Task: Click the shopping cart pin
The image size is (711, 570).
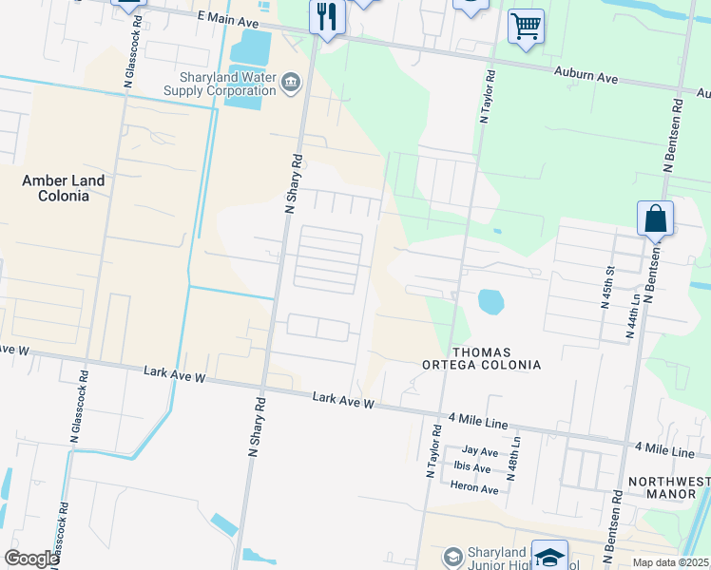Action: pos(526,27)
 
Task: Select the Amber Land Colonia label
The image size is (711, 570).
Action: pos(64,188)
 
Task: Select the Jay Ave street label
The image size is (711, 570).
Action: pos(480,451)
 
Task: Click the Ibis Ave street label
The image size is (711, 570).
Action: pos(471,468)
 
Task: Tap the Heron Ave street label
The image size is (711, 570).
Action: pos(474,489)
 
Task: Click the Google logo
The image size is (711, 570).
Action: pos(31,559)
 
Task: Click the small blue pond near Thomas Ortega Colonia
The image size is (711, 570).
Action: pos(490,302)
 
